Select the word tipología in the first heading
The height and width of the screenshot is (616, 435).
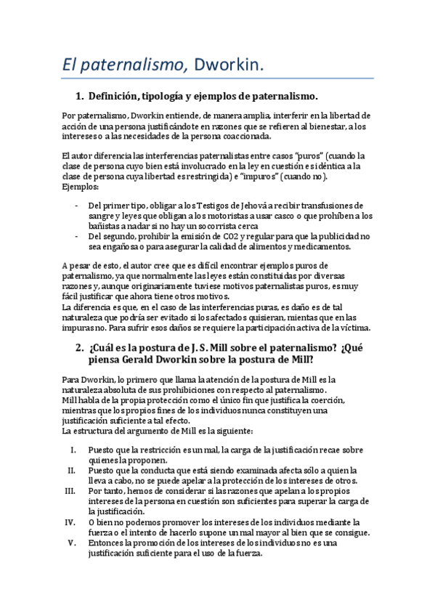click(170, 97)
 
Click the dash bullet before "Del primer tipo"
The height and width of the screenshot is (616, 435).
click(77, 206)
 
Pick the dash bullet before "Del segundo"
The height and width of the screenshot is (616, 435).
click(77, 236)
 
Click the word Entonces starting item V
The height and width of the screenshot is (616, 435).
click(106, 542)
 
